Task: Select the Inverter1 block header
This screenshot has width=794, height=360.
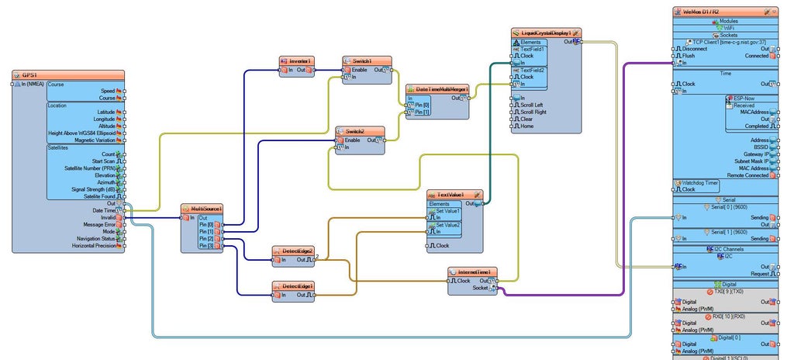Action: tap(299, 61)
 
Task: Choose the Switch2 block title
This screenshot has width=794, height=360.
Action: tap(354, 131)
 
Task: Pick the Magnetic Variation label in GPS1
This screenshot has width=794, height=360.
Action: tap(95, 140)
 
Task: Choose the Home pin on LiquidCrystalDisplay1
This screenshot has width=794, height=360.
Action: tap(526, 126)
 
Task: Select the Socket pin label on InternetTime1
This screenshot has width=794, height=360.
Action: tap(481, 288)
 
